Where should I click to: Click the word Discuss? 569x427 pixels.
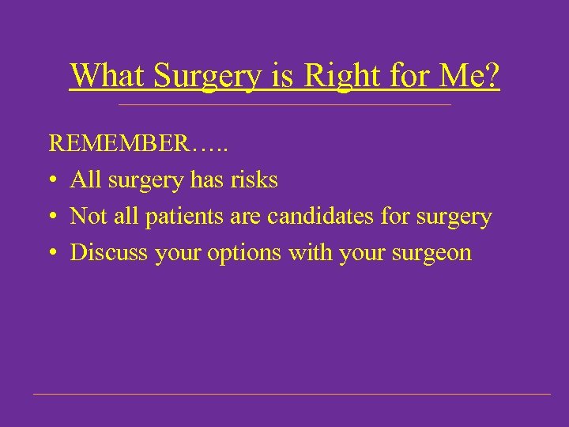pyautogui.click(x=105, y=253)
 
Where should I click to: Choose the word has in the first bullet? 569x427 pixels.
pyautogui.click(x=208, y=180)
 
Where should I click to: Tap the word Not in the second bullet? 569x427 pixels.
pyautogui.click(x=87, y=217)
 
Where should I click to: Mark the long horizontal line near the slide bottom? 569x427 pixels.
pyautogui.click(x=292, y=394)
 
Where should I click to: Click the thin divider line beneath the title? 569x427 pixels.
pyautogui.click(x=284, y=105)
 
